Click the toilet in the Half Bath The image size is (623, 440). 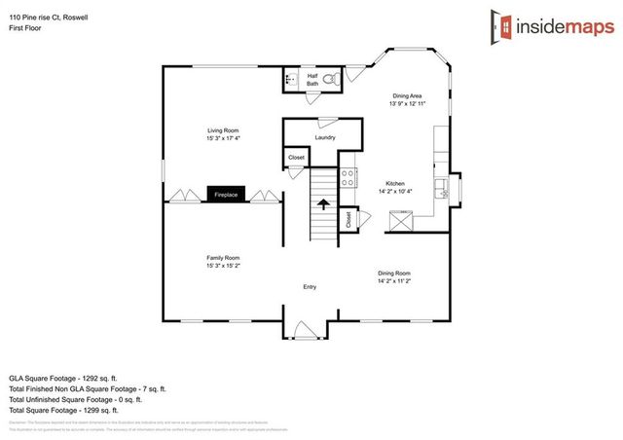point(329,78)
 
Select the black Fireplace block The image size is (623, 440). point(226,195)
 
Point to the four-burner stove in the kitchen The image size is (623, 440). point(347,178)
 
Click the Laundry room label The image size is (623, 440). point(325,137)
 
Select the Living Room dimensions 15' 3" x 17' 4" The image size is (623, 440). point(223,138)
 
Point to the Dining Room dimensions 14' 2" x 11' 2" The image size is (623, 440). point(394,281)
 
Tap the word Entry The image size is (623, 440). point(310,287)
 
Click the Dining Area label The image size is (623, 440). point(407,95)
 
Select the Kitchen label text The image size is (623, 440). point(394,183)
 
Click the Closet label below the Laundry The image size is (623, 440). point(296,157)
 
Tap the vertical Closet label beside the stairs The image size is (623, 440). point(348,221)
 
